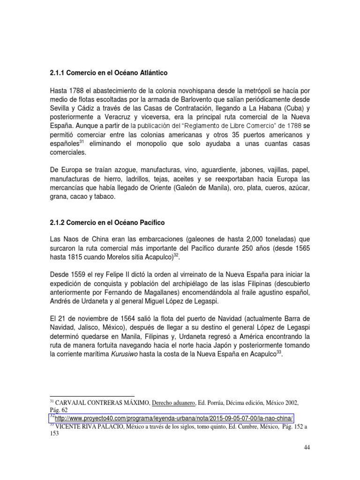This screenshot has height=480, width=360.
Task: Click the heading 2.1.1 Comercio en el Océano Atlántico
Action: click(108, 74)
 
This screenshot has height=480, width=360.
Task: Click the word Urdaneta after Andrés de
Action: click(99, 300)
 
